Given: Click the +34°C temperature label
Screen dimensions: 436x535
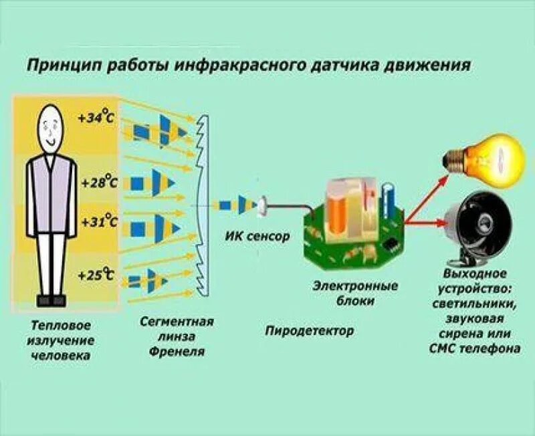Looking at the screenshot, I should [96, 118].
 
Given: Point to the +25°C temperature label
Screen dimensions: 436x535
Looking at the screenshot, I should [96, 275].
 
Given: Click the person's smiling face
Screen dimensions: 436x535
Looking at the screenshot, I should [50, 127].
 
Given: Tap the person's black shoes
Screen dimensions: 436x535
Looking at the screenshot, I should [51, 300].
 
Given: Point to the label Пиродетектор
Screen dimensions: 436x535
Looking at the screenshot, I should [310, 330].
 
